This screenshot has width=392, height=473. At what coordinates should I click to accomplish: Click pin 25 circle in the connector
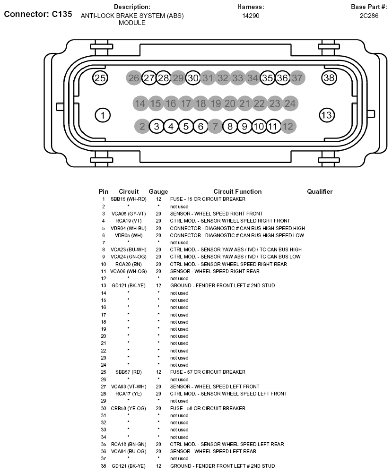click(100, 78)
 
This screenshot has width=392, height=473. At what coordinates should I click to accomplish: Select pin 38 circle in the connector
click(329, 78)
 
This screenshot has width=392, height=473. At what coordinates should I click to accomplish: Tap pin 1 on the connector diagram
click(102, 114)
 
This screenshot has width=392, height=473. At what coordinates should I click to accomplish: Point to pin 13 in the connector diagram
click(326, 114)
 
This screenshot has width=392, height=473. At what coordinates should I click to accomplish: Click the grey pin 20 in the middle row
click(230, 103)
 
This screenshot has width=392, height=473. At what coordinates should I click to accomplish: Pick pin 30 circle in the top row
click(193, 78)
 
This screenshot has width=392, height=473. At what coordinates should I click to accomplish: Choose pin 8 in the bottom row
click(230, 126)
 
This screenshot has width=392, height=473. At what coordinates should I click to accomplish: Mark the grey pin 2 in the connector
click(142, 126)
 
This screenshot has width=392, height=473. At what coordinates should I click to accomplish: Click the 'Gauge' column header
click(158, 191)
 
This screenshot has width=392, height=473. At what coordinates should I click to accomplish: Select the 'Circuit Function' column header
click(237, 191)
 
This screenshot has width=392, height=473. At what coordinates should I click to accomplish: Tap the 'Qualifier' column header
click(320, 191)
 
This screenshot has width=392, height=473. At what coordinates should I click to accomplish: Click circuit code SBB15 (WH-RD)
click(129, 199)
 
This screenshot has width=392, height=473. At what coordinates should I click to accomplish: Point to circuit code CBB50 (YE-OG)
click(129, 408)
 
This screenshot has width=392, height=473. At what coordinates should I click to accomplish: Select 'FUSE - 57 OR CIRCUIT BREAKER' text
click(208, 372)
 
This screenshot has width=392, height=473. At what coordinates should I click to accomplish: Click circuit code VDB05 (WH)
click(129, 235)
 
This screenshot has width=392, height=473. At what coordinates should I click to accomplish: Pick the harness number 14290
click(251, 16)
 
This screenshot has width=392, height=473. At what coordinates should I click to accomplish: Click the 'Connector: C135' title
click(38, 14)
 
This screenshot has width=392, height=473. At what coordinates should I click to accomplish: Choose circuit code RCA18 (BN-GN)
click(129, 444)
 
